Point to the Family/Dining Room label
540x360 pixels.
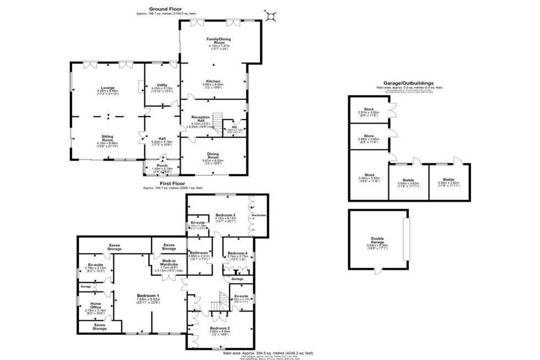[213, 40]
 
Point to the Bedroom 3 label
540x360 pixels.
[225, 214]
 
